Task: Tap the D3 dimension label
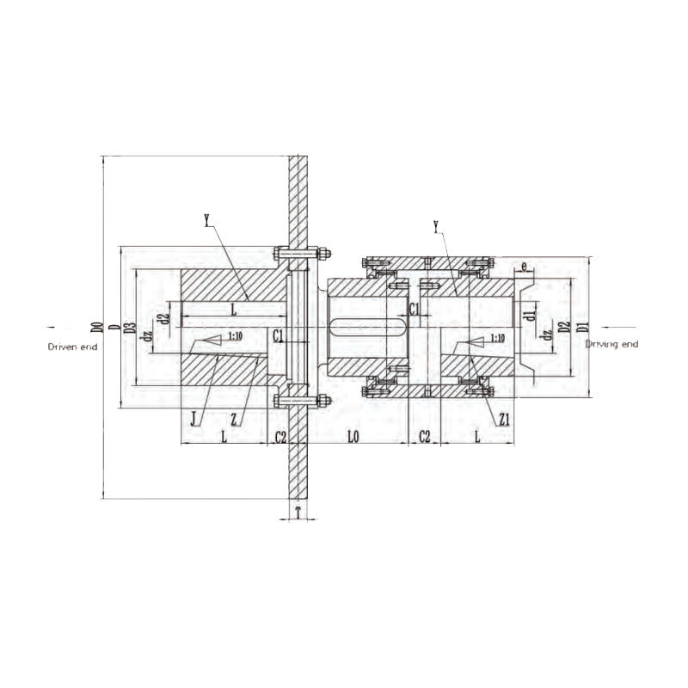click(131, 327)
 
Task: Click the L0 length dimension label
click(353, 437)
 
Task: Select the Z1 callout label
click(505, 419)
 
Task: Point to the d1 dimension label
click(531, 316)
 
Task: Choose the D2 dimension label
click(563, 327)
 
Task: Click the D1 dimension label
click(582, 327)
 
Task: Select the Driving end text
click(611, 344)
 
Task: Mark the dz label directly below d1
click(545, 336)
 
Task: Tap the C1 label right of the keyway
click(414, 308)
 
